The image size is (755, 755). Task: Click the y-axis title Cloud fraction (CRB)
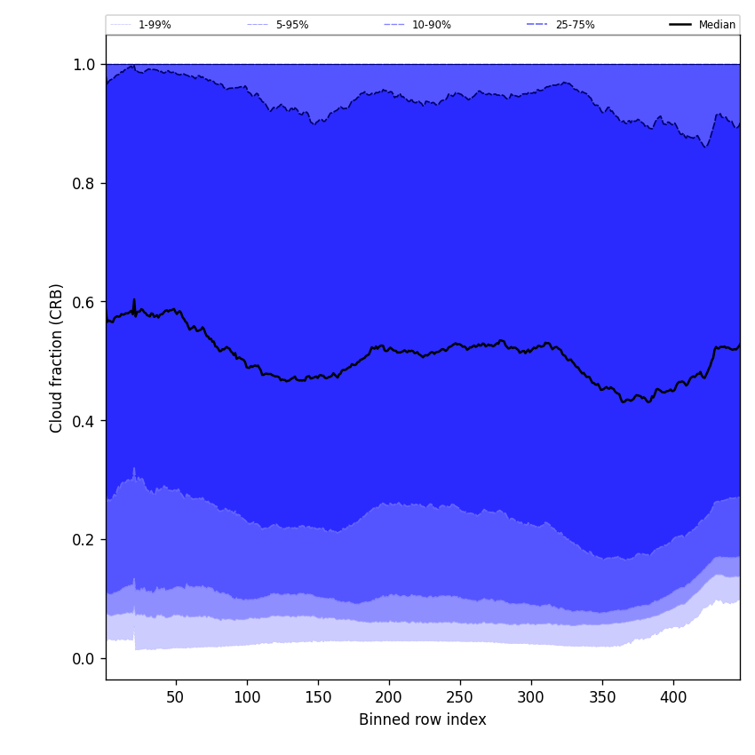point(57,358)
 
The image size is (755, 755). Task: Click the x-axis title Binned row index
point(423,720)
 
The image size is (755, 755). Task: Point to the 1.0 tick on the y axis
point(83,65)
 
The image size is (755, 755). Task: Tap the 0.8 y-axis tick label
point(83,184)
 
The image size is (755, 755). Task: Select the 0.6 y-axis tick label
point(83,302)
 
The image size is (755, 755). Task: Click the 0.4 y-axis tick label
point(83,421)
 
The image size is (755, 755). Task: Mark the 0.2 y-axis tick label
point(83,540)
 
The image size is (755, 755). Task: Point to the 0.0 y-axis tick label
point(83,659)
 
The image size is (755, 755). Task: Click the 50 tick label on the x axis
point(176,697)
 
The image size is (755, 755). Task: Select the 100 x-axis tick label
point(247,697)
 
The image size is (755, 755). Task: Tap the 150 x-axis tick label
point(318,697)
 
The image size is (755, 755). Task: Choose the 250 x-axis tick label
point(460,697)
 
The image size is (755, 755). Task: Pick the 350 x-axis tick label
point(602,697)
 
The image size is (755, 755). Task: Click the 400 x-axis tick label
point(673,697)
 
